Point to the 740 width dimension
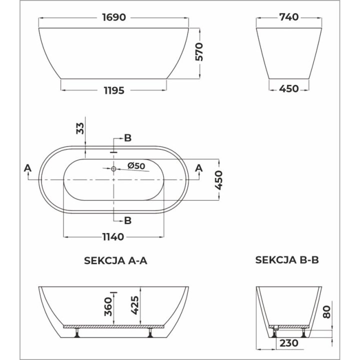[289, 17]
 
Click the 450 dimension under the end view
[289, 89]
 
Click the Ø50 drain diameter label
[136, 165]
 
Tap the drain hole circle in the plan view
[113, 169]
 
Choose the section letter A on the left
[27, 168]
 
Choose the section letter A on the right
[198, 168]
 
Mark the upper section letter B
[127, 138]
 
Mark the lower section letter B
[127, 220]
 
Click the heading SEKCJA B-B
[287, 260]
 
